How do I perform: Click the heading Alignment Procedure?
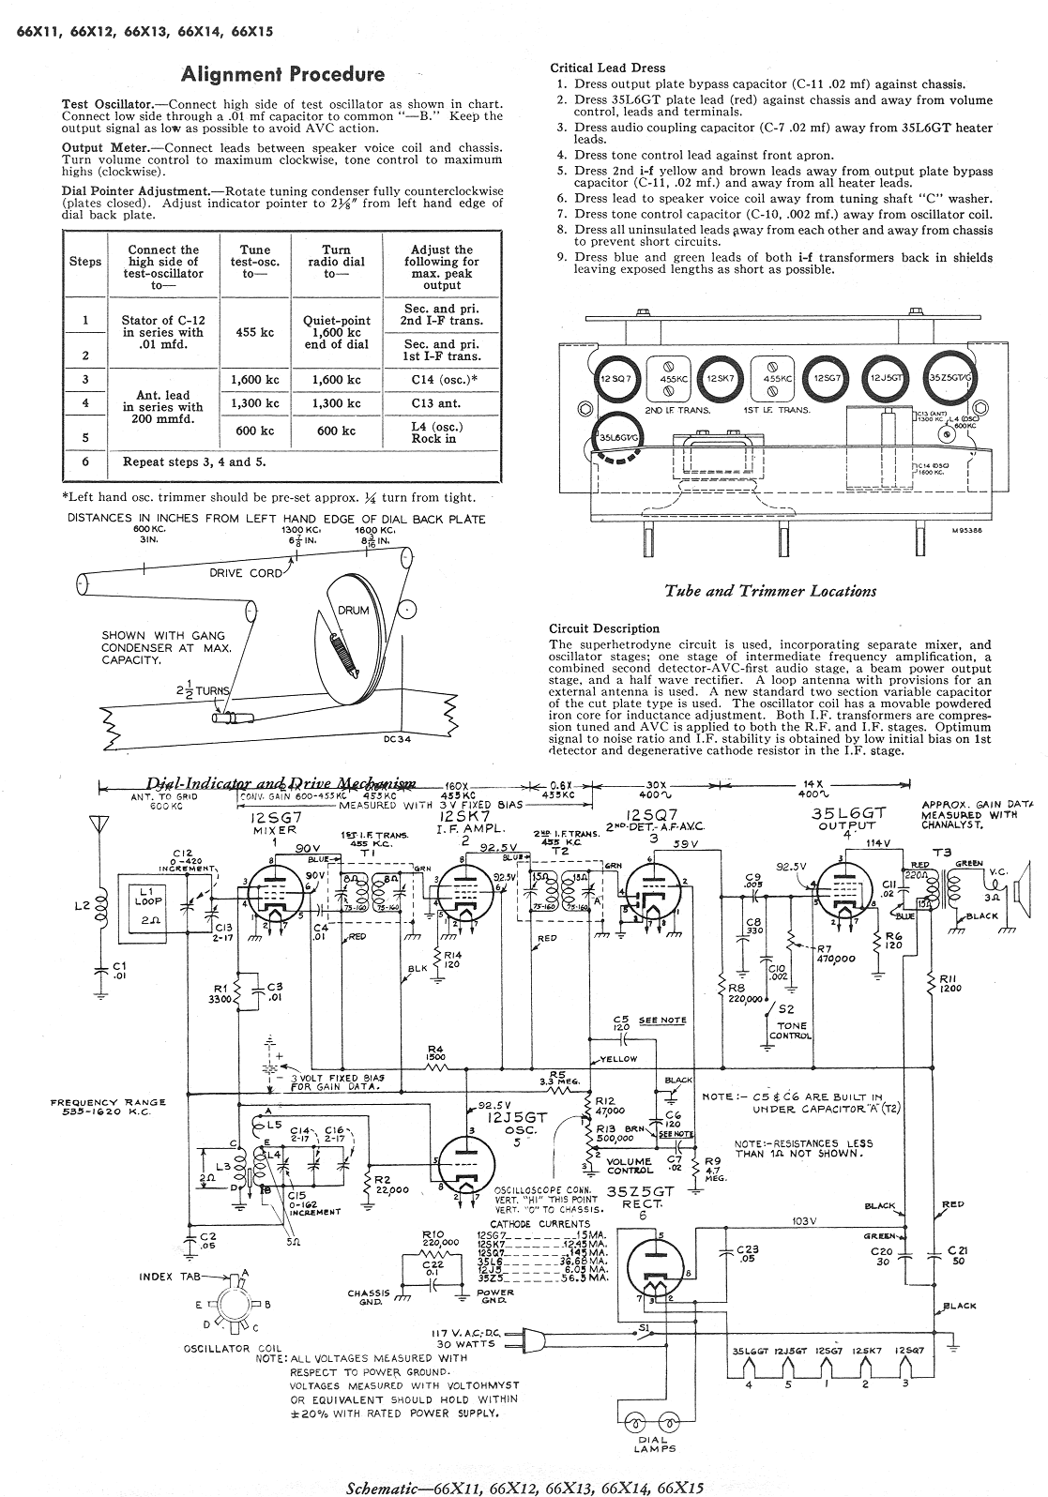point(282,74)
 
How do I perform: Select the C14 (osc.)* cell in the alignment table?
point(442,380)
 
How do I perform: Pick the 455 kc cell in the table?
point(255,332)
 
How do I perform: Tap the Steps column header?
point(85,262)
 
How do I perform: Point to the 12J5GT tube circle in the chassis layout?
point(886,377)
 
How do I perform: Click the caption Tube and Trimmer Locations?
point(770,591)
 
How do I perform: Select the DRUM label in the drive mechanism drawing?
point(354,611)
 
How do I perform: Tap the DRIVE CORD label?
point(247,573)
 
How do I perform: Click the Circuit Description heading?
point(603,628)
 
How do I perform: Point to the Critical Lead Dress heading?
point(607,68)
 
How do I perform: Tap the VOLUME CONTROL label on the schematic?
point(629,1166)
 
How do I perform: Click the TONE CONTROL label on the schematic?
point(789,1031)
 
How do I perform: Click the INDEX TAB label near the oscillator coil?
point(169,1277)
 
